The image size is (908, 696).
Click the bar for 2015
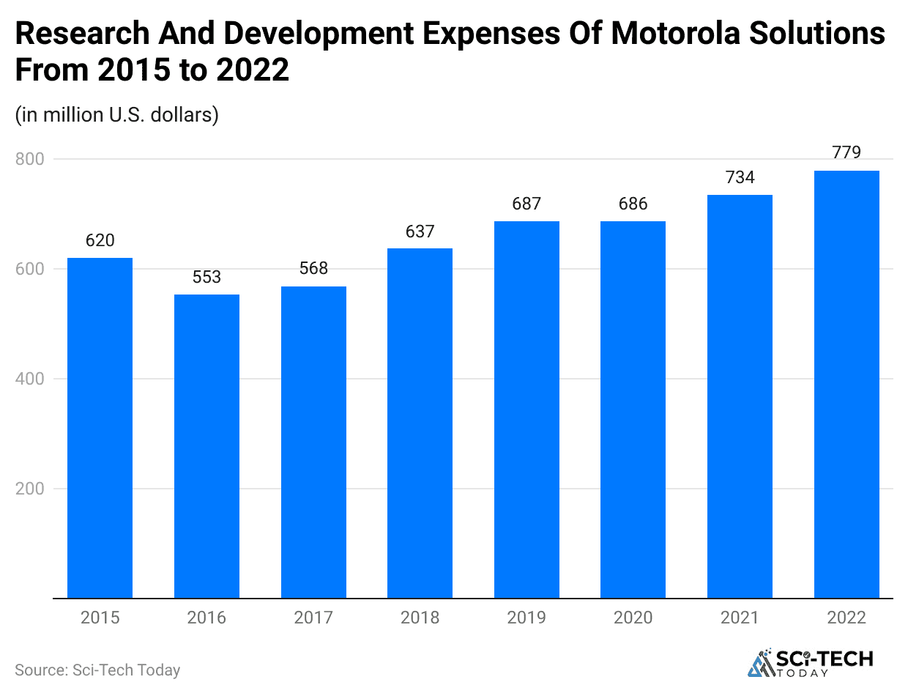click(x=100, y=428)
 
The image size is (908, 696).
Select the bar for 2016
click(x=206, y=446)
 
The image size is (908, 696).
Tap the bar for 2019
click(x=526, y=410)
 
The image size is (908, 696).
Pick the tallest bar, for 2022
click(x=846, y=384)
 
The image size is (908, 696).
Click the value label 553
click(x=206, y=278)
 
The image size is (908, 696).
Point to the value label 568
click(x=313, y=269)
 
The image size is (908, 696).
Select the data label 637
click(x=420, y=232)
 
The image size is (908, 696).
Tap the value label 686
click(x=633, y=204)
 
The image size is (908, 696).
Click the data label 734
click(x=740, y=177)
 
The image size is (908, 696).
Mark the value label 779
click(x=846, y=152)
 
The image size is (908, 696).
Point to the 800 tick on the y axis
click(x=29, y=159)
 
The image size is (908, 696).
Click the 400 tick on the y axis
click(x=29, y=379)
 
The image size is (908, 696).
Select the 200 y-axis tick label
click(x=29, y=489)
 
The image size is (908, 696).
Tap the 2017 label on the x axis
click(x=313, y=618)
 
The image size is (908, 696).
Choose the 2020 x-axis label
click(x=633, y=618)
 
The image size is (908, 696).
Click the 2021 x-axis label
click(x=740, y=618)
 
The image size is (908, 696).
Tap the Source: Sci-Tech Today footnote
click(x=97, y=670)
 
